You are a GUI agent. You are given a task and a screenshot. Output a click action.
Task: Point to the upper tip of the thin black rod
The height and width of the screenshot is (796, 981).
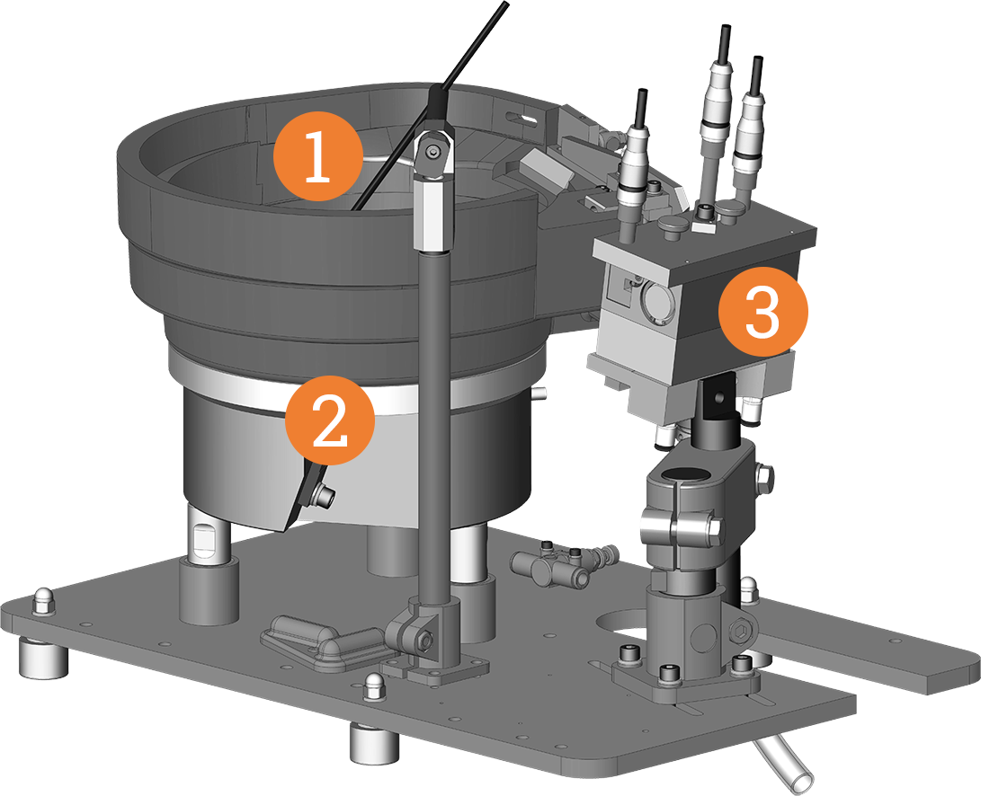click(x=504, y=7)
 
